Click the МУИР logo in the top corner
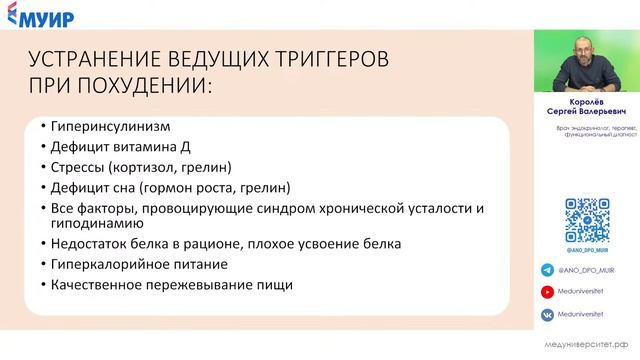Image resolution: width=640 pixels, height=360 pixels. click(x=37, y=17)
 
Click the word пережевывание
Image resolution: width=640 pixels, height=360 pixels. click(x=194, y=284)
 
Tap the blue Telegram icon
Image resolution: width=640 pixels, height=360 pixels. click(x=547, y=269)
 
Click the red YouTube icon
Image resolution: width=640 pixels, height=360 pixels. click(x=547, y=291)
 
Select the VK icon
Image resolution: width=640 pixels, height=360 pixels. click(x=547, y=314)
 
